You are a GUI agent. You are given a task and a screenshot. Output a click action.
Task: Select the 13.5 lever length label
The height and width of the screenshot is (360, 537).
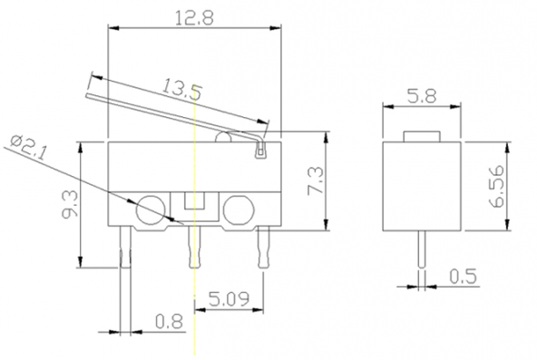coord(181,89)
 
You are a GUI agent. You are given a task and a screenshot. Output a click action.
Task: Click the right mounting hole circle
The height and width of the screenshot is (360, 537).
coord(239,210)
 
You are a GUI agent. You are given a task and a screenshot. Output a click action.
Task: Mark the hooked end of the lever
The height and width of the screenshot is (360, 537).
coord(261,145)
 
